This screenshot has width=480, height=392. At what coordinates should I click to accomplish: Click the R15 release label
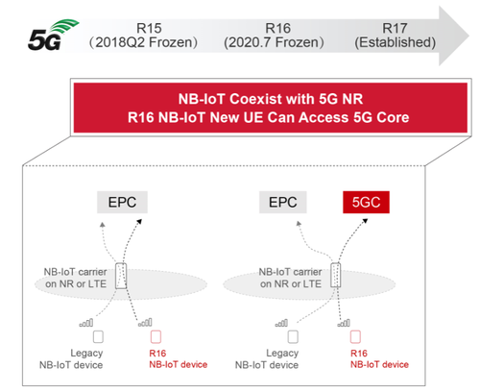[149, 28]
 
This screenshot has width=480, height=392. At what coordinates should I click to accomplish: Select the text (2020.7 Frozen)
[274, 42]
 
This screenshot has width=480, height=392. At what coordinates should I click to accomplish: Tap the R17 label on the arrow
[395, 28]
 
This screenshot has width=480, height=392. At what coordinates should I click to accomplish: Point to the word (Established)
[396, 42]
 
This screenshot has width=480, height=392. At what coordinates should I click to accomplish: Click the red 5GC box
[366, 202]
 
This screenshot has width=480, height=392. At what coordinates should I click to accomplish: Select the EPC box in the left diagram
[122, 202]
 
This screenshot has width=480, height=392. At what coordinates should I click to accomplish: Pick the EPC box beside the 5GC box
[283, 202]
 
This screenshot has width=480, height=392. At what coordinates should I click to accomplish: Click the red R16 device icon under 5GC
[355, 336]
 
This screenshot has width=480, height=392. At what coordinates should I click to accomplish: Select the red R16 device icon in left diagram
[156, 336]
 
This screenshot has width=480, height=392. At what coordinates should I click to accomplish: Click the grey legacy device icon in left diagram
[98, 336]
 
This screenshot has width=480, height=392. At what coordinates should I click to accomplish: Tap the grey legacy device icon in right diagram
[293, 336]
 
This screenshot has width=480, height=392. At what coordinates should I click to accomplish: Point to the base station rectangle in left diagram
[121, 276]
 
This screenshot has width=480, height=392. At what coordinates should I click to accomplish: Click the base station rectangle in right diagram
[336, 275]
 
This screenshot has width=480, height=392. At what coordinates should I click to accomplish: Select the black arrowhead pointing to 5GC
[365, 221]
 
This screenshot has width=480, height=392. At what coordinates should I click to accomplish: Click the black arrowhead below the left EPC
[139, 222]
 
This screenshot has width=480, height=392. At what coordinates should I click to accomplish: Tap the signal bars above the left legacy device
[86, 323]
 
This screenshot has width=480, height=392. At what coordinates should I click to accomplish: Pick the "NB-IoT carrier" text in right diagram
[290, 272]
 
